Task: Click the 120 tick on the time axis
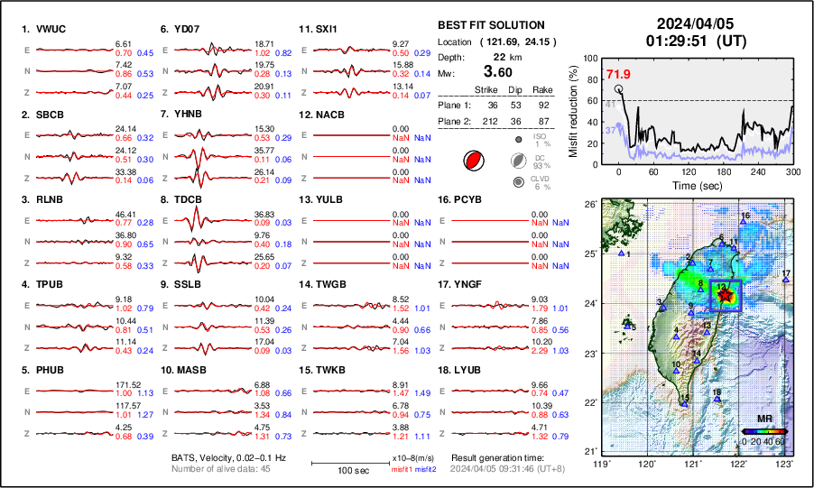(x=689, y=171)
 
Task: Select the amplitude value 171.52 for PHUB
(x=124, y=383)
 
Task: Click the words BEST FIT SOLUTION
(x=491, y=25)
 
